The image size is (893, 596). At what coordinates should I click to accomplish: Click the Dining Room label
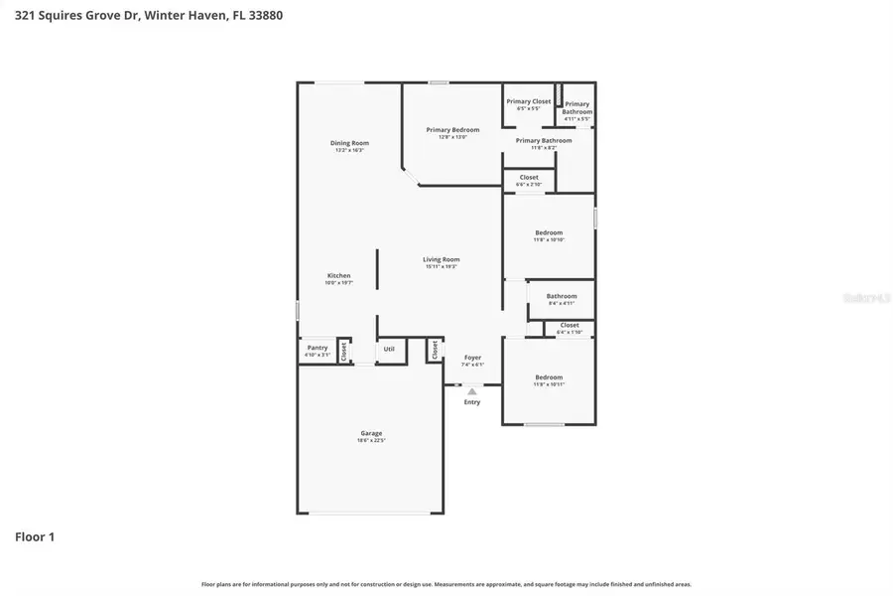pos(349,143)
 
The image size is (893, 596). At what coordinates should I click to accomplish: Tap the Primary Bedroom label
pos(452,130)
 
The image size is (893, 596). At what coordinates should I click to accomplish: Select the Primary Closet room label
pos(528,101)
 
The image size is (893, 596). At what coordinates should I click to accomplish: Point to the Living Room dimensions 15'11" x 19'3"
pos(442,267)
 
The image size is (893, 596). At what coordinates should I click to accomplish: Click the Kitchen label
pos(339,275)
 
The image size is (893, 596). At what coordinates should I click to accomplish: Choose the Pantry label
pos(317,348)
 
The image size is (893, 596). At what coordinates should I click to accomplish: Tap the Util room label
pos(389,349)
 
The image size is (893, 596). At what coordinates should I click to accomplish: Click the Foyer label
pos(472,358)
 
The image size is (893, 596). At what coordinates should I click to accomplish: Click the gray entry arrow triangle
pos(472,391)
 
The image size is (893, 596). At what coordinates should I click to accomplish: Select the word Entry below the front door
pos(472,402)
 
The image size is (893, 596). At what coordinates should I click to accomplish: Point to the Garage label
pos(371,433)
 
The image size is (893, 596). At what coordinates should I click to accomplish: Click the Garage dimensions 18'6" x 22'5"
pos(371,441)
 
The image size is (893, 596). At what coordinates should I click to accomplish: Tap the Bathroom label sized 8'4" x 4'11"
pos(561,296)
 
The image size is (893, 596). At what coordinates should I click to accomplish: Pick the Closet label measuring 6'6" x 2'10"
pos(529,178)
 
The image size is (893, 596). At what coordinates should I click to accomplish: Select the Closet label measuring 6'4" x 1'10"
pos(570,325)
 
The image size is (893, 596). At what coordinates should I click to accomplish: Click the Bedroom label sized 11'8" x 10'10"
pos(549,232)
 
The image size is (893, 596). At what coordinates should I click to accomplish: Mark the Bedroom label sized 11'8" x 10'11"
pos(549,377)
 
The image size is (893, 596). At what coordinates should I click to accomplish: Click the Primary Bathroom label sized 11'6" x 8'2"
pos(543,141)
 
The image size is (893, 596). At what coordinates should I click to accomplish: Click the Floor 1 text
pos(35,537)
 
